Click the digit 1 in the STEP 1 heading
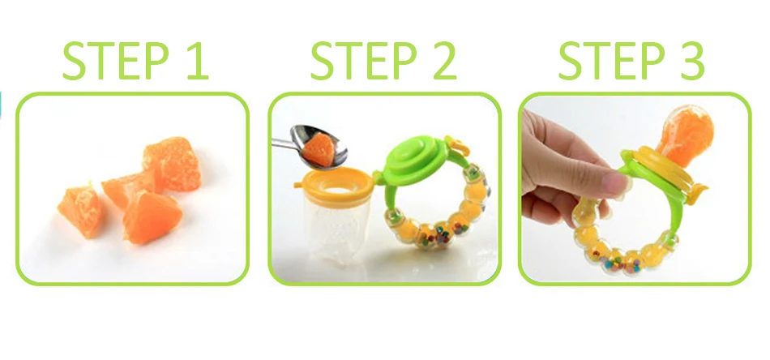[198, 61]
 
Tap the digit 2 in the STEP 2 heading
[443, 61]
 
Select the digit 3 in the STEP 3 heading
[691, 61]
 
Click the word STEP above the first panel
[116, 61]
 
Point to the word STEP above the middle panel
[365, 61]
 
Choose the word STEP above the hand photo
[613, 61]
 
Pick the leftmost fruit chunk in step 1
[80, 211]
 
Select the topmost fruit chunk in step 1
[173, 163]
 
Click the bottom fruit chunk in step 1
[152, 217]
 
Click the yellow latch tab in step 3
[697, 194]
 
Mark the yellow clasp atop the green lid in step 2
[455, 144]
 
